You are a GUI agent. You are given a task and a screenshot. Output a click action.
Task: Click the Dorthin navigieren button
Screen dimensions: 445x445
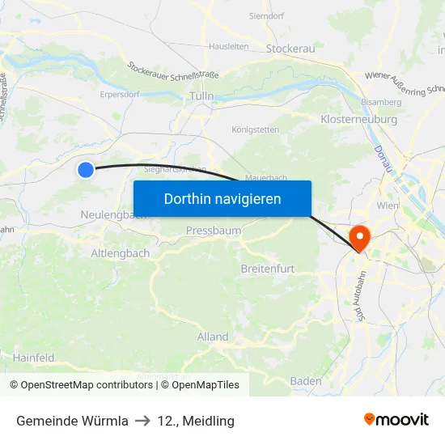[x=222, y=198]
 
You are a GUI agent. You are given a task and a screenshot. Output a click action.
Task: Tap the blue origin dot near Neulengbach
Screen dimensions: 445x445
[x=86, y=169]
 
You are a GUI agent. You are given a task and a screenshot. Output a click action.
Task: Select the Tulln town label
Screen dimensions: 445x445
[x=201, y=96]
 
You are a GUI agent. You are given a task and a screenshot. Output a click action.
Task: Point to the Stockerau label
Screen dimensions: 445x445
[x=290, y=49]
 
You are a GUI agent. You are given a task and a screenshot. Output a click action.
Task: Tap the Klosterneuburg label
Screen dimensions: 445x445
[x=358, y=119]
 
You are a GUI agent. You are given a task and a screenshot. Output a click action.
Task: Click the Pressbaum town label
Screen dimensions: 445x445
[x=213, y=231]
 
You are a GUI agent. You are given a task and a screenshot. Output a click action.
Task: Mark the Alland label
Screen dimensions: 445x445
[x=213, y=337]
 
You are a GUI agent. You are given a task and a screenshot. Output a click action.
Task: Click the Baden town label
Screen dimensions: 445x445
[x=306, y=381]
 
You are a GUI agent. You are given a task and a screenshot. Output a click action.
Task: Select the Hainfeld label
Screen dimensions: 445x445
[x=33, y=358]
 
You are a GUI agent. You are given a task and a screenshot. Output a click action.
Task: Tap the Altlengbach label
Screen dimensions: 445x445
[x=120, y=253]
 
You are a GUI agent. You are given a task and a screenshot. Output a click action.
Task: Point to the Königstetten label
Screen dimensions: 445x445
[x=255, y=129]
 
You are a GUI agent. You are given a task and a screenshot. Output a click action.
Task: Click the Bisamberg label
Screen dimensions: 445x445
[x=381, y=103]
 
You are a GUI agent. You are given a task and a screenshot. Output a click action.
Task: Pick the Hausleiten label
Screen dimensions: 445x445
[x=228, y=47]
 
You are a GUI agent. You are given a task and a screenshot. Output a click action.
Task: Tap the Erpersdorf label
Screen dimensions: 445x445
[x=120, y=94]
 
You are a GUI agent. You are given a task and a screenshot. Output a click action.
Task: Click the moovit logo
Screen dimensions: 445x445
[x=396, y=419]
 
